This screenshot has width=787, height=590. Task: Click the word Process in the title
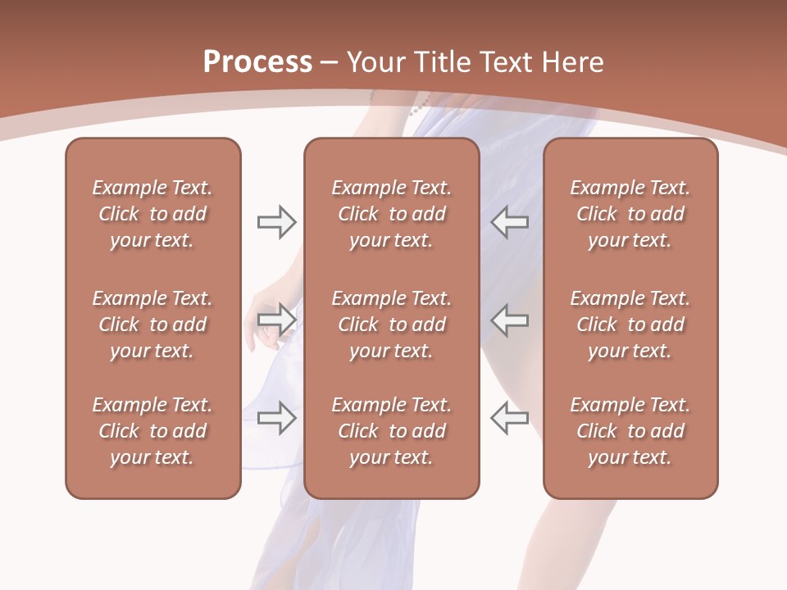point(257,62)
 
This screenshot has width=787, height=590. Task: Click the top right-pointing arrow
point(276,222)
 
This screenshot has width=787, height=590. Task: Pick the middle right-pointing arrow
point(276,319)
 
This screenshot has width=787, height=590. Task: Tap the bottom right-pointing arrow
point(276,417)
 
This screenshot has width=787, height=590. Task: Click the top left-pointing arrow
point(509,222)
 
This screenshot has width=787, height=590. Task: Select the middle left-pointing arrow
point(509,319)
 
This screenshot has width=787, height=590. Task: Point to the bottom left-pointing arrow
point(509,417)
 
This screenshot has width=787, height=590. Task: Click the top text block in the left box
point(152,214)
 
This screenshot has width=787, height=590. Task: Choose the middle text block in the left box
point(152,324)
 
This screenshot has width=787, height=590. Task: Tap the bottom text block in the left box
point(152,431)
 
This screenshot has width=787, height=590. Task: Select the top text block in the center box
point(391,214)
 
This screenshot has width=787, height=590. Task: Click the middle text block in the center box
point(391,324)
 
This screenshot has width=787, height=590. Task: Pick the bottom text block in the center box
point(391,431)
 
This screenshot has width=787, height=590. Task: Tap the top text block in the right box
point(630,214)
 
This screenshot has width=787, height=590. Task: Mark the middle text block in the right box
point(630,324)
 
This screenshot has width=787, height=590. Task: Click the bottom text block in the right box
point(630,431)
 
